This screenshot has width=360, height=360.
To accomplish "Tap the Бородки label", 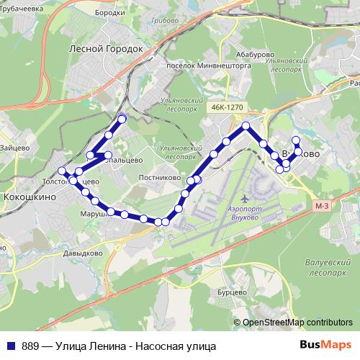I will coord(110,13).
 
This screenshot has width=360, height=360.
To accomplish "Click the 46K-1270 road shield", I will coord(228,107).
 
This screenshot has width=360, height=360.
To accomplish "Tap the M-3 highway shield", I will coord(322,207).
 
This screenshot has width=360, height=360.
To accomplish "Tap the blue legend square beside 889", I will coord(11,345).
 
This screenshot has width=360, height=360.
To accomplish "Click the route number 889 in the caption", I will coord(31,345).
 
